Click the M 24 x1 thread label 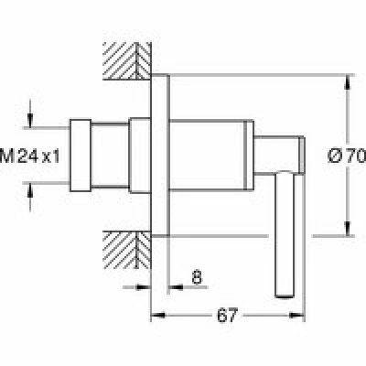click(x=30, y=156)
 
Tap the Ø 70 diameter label click(x=347, y=156)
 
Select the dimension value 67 click(x=227, y=315)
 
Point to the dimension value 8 click(x=197, y=277)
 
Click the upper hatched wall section click(x=127, y=61)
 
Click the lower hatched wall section click(x=127, y=250)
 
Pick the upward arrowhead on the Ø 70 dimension click(x=348, y=82)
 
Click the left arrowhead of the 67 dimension click(x=158, y=315)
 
